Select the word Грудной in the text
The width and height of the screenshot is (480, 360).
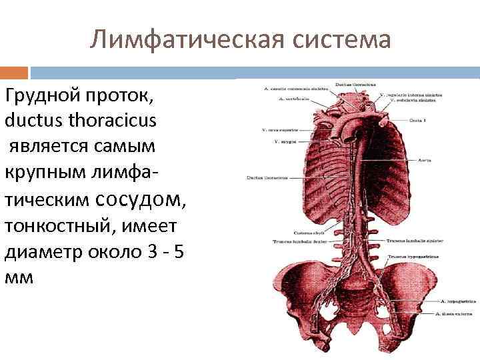click(x=42, y=97)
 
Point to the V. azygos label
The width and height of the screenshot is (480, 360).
click(x=283, y=141)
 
